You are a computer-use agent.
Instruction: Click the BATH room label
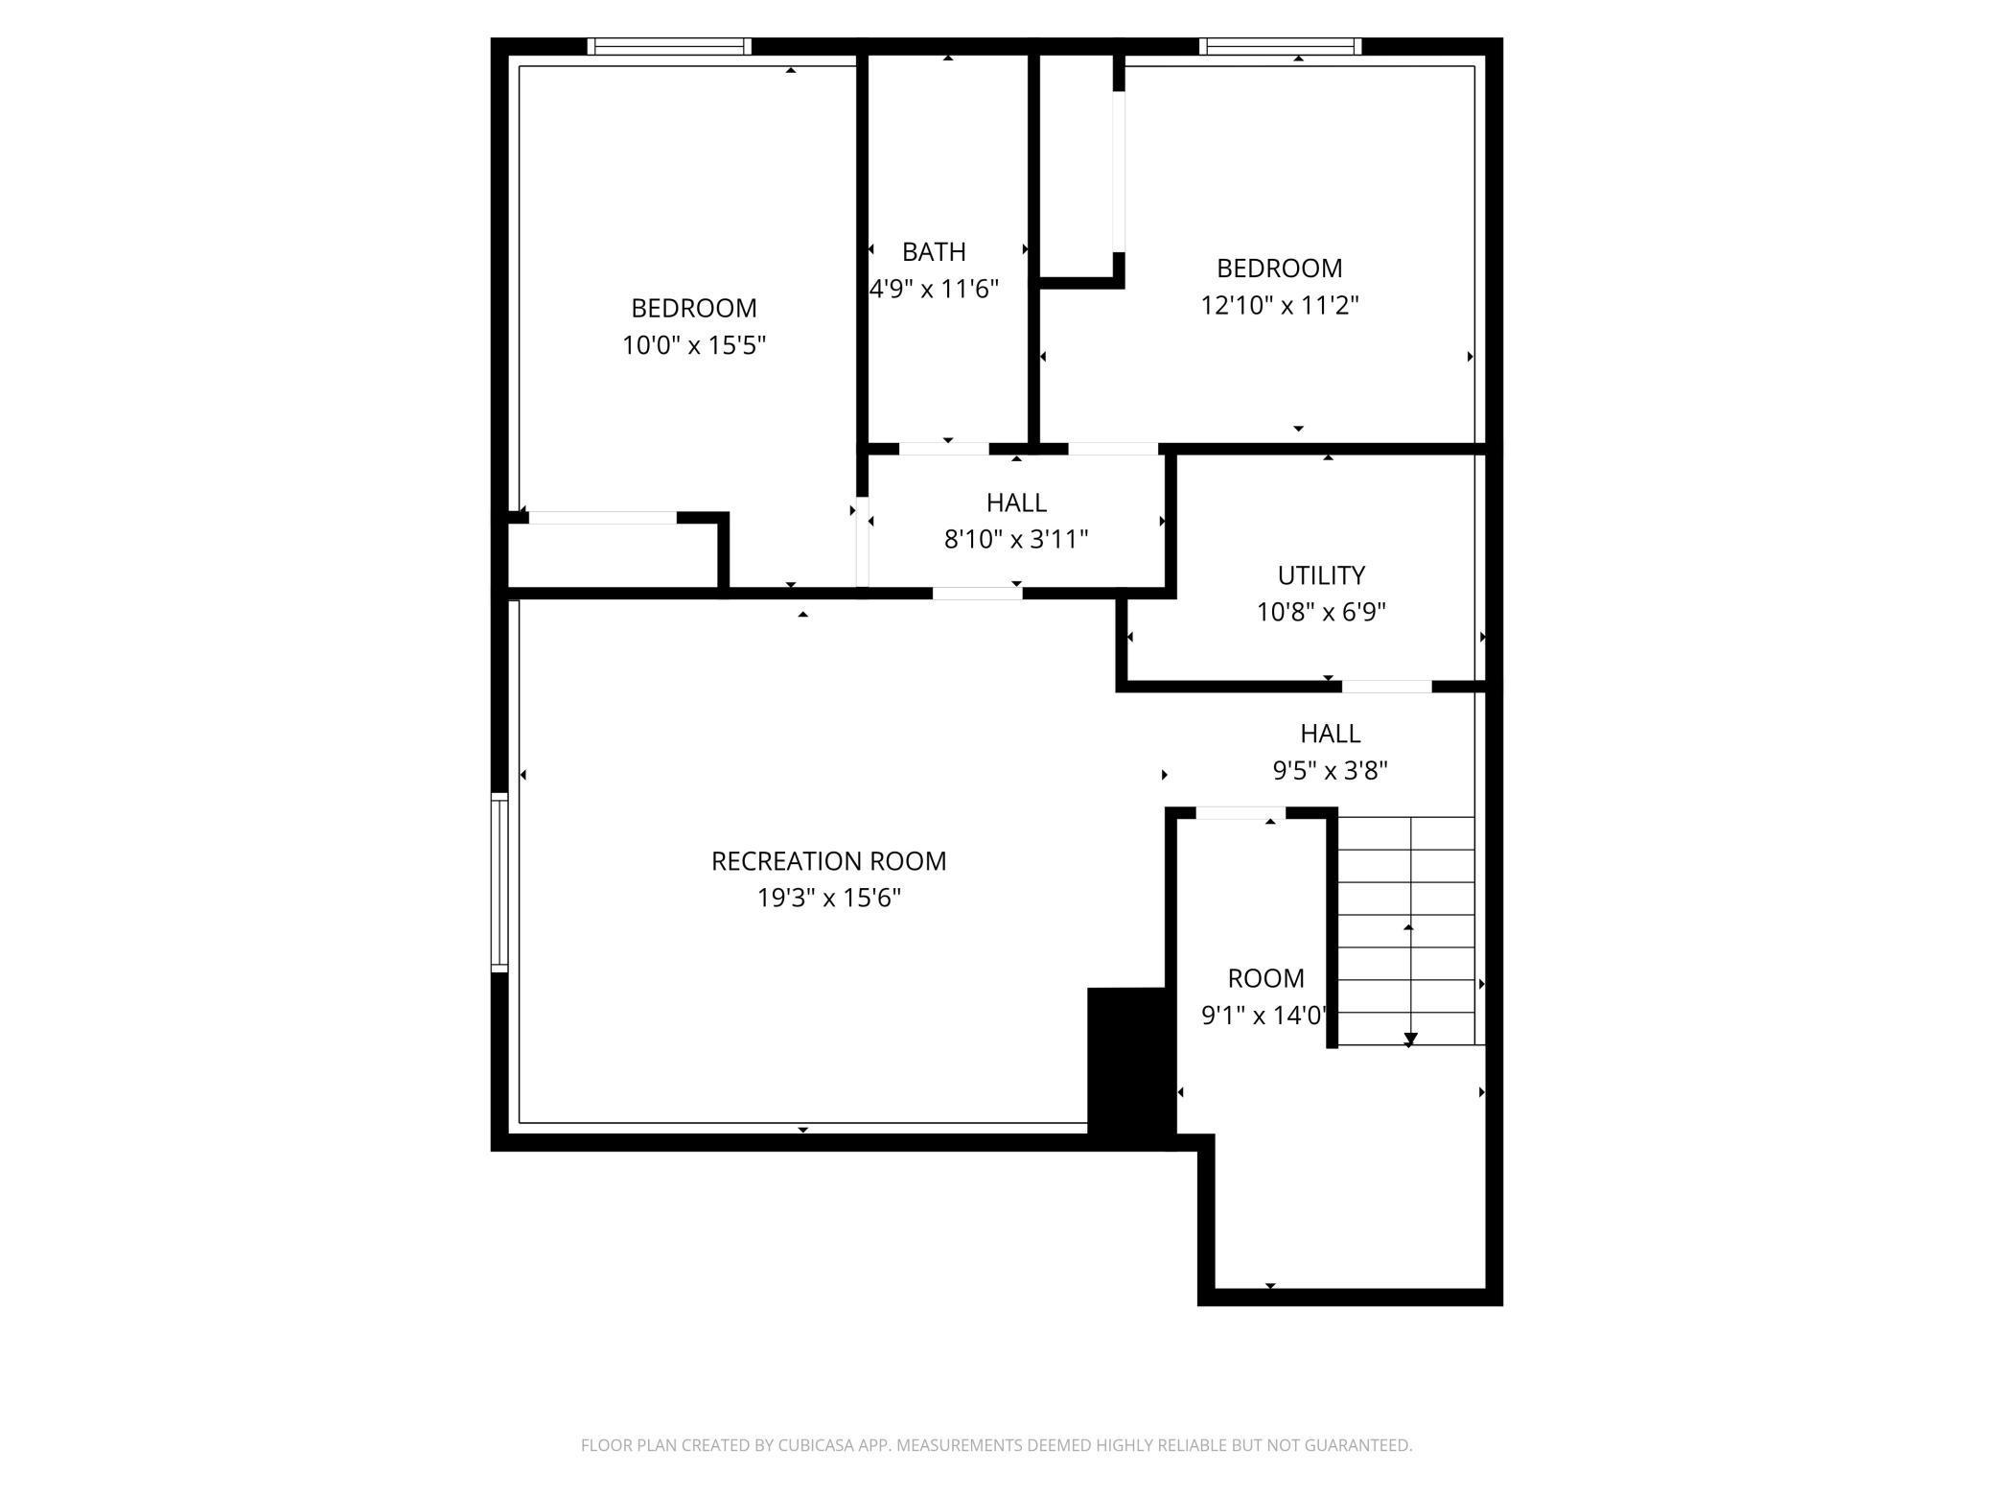pos(933,251)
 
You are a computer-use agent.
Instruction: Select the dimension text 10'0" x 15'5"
pos(694,345)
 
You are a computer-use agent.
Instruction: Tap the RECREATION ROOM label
pos(828,861)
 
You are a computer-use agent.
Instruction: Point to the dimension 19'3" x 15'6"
pos(828,899)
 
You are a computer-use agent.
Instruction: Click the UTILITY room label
pos(1320,575)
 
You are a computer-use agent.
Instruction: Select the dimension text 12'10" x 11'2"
pos(1279,305)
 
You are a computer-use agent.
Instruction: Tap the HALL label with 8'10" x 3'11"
pos(1016,503)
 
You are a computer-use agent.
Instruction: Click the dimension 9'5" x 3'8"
pos(1330,771)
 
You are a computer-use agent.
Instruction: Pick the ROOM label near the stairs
pos(1265,978)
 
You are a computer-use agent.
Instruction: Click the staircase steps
pos(1405,930)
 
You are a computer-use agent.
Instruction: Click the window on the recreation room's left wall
pos(499,882)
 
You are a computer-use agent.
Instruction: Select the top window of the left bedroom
pos(669,46)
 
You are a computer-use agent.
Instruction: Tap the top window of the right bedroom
pos(1280,46)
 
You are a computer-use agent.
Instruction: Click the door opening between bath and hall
pos(943,449)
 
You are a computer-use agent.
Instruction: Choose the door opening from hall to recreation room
pos(977,594)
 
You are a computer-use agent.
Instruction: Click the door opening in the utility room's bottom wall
pos(1386,687)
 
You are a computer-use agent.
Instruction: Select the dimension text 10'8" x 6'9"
pos(1321,612)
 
